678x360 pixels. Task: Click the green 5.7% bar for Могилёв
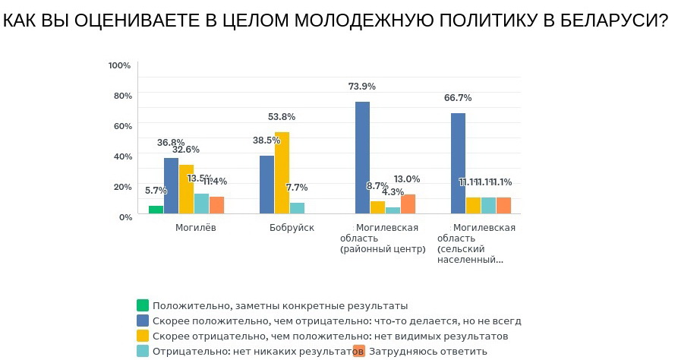[156, 210]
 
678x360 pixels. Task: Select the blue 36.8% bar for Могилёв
[171, 186]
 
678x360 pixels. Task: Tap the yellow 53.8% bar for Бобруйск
[282, 173]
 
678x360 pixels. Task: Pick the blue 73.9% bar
[362, 158]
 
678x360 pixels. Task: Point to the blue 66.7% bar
[458, 163]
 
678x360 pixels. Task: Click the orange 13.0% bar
[408, 204]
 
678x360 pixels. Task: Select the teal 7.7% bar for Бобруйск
[297, 208]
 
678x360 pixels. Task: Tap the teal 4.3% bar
[393, 210]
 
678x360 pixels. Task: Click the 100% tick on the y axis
[120, 65]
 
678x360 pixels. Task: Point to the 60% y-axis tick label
[122, 126]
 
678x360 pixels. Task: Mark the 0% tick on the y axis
[125, 216]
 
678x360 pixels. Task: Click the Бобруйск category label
[292, 228]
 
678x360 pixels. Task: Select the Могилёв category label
[196, 228]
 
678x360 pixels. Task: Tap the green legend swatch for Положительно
[142, 305]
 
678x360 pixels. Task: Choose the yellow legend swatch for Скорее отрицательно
[142, 336]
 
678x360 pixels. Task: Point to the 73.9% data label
[362, 87]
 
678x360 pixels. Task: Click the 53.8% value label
[282, 117]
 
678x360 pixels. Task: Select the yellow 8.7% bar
[377, 207]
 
